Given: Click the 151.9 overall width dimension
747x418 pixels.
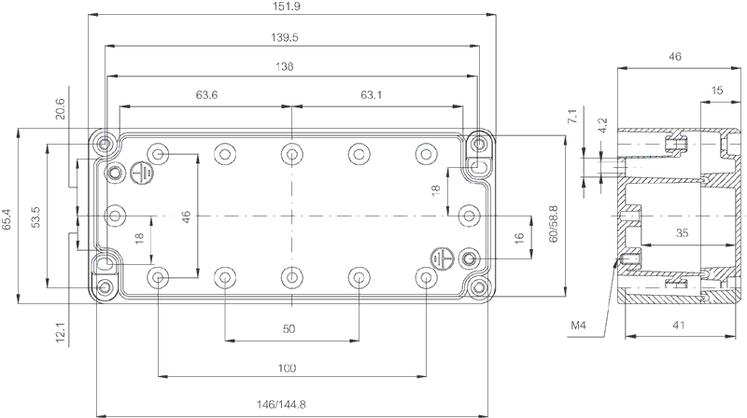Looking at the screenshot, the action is [x=287, y=7].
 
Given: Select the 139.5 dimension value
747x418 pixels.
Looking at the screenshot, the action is [x=285, y=37].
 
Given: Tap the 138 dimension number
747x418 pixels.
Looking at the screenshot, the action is [x=285, y=66].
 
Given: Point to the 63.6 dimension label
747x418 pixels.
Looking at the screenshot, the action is [x=206, y=95].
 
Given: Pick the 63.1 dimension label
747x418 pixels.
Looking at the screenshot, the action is [x=371, y=95].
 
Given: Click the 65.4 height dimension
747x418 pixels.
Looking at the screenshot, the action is [x=7, y=219].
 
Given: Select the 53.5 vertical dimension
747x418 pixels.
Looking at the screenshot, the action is [x=35, y=216].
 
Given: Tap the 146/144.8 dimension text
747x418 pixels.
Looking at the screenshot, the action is [x=281, y=405].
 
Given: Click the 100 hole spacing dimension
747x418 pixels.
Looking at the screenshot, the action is [x=287, y=368].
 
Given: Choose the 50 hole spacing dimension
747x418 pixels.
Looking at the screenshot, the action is [x=289, y=329].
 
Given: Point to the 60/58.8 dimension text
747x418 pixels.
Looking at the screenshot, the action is [x=553, y=224].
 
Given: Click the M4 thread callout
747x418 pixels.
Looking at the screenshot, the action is [x=578, y=326].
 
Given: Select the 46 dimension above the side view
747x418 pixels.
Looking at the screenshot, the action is [x=674, y=57].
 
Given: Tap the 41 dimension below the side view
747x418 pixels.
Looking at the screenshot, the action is [x=679, y=326].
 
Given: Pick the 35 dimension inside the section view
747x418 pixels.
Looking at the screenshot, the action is [x=683, y=233].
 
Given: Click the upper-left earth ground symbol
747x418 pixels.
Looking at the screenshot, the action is [x=142, y=173].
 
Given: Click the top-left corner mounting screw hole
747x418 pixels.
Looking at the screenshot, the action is [x=105, y=143].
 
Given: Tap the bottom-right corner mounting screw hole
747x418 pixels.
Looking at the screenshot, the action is [x=479, y=287].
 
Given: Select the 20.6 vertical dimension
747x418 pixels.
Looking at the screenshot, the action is [x=60, y=108].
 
